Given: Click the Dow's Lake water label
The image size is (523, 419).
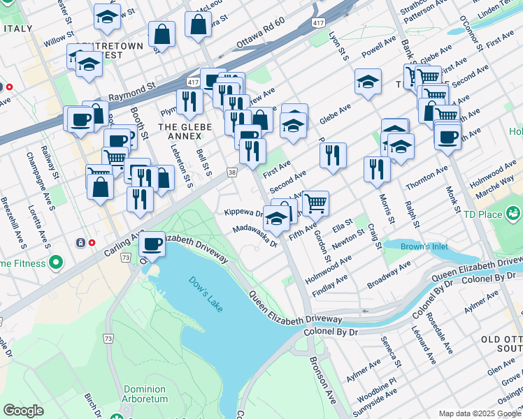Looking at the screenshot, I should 205,287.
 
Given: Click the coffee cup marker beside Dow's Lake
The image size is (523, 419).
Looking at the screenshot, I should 152,244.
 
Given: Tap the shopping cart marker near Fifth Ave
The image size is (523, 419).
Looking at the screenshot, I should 315,203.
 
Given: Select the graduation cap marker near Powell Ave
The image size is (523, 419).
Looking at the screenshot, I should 368,82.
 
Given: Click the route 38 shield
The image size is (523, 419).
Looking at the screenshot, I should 231,171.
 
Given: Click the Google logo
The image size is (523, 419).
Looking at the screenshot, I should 23,410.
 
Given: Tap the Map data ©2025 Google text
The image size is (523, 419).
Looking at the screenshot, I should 479,413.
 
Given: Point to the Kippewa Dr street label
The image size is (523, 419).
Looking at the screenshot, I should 242,212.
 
